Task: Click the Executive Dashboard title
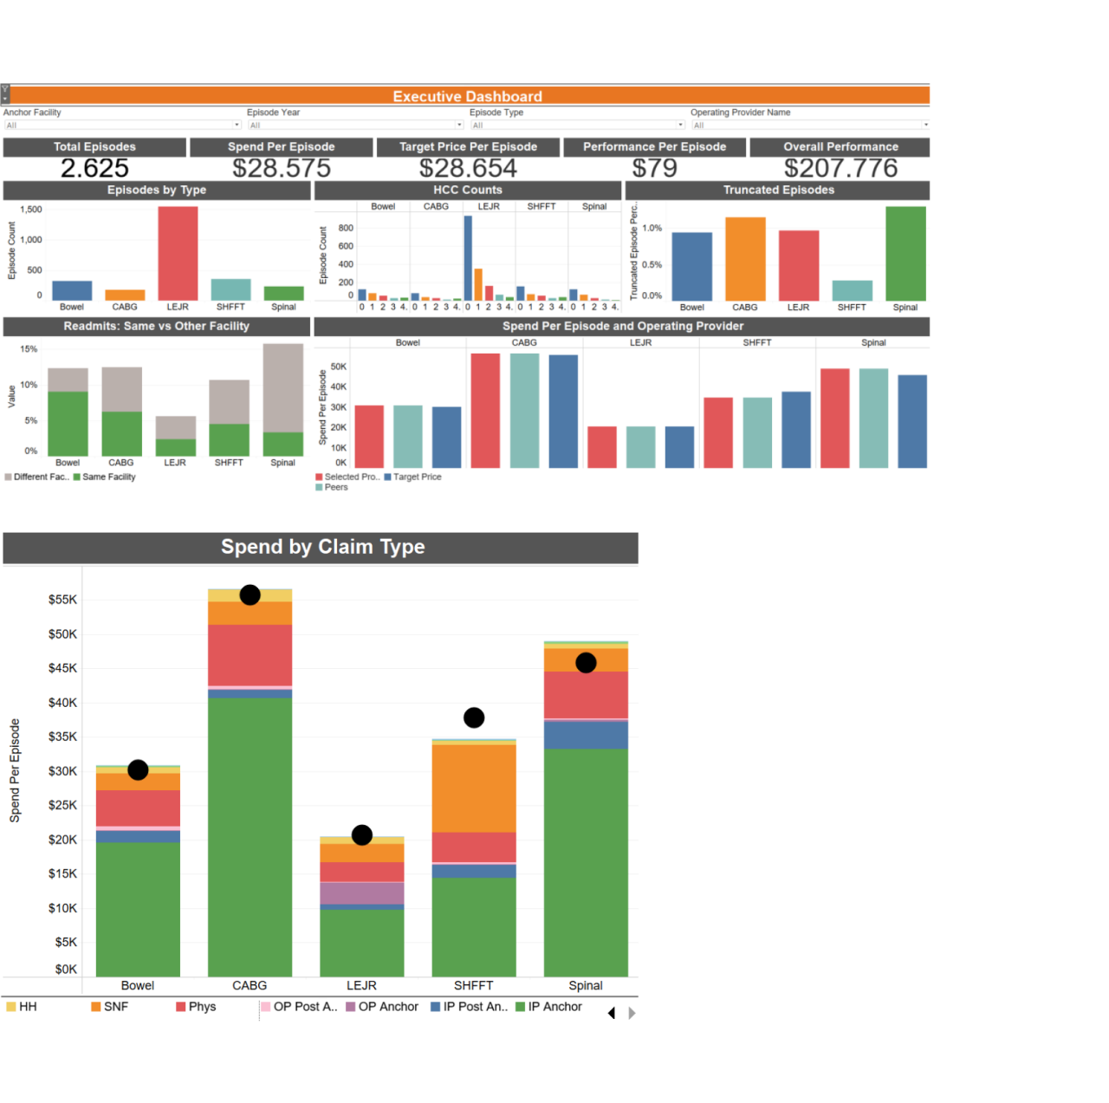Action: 467,96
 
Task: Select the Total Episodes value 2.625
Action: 94,168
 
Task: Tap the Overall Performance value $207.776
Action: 840,168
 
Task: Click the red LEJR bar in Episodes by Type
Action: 178,253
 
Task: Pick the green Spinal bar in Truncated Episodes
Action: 905,253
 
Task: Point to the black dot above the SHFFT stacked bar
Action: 474,717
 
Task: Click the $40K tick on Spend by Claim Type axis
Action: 62,703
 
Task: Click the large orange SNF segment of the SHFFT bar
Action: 474,788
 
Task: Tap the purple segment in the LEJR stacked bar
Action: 362,893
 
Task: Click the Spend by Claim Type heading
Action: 322,547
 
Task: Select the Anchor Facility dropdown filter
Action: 121,125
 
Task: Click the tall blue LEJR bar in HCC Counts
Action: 468,257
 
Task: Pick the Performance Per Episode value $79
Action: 654,168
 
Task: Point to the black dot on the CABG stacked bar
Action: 250,595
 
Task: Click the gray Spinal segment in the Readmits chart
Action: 283,387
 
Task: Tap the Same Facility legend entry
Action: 108,477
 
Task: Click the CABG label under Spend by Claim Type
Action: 250,986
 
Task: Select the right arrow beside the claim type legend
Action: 632,1013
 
